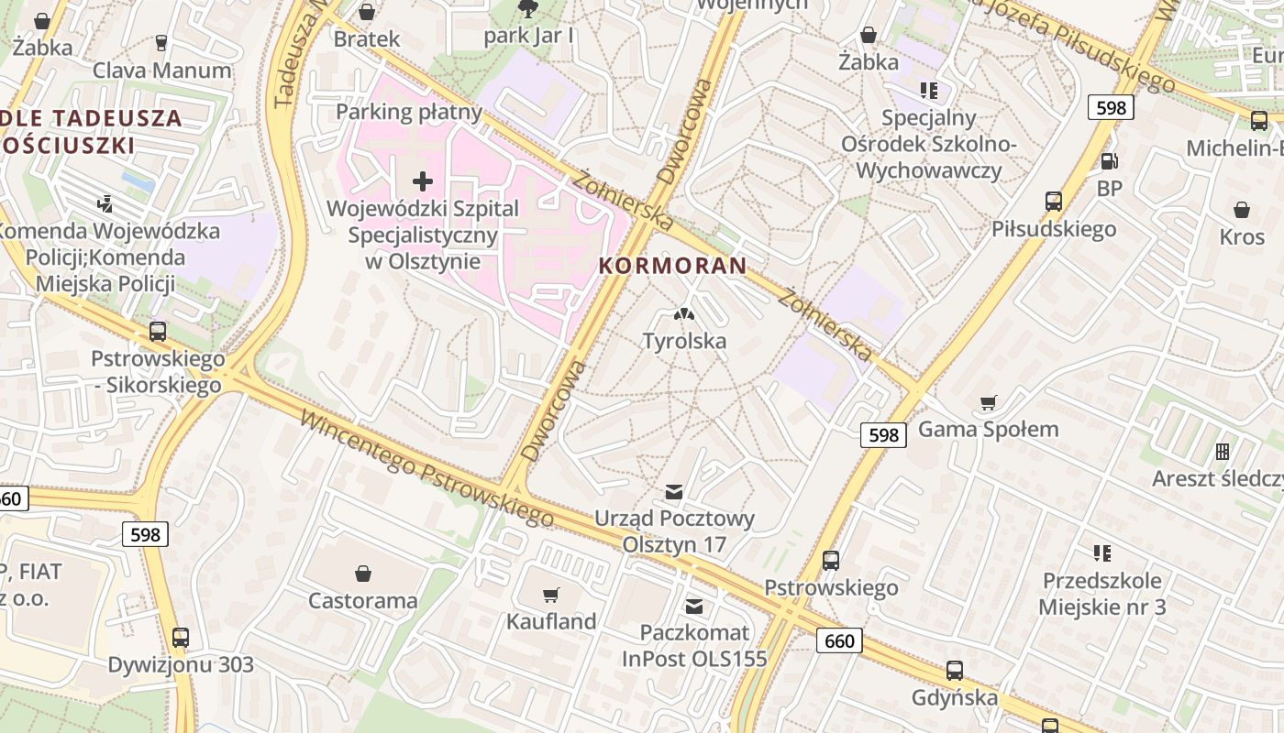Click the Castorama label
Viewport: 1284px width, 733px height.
click(363, 601)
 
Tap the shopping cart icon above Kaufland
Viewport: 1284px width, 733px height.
click(550, 596)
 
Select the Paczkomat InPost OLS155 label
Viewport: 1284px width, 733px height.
click(693, 645)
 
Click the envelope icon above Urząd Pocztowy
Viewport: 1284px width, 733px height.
click(674, 492)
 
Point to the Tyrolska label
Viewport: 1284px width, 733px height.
click(684, 341)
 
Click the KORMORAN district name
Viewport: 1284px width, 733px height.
click(672, 266)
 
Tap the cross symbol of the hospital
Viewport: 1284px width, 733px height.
click(423, 181)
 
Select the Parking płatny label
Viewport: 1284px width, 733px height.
click(409, 112)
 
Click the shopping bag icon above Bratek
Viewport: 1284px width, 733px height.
click(367, 12)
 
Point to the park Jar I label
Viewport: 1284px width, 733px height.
click(529, 36)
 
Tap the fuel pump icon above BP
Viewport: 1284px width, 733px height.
click(1109, 161)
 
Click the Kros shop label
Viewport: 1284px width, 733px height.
click(1242, 236)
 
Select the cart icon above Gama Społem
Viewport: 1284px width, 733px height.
click(988, 403)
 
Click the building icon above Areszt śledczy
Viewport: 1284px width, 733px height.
click(1222, 452)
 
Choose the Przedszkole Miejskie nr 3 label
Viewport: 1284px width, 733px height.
click(1101, 593)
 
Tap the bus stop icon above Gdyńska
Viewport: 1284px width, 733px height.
click(954, 671)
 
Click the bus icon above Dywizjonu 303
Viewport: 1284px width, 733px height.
click(181, 638)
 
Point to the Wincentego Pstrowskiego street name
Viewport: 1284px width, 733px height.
click(427, 469)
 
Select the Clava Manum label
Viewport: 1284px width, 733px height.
click(162, 71)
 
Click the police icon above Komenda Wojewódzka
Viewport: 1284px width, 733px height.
click(105, 203)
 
